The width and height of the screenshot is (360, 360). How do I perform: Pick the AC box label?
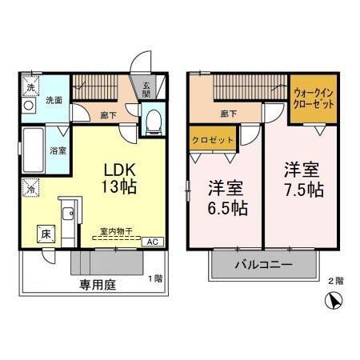152,240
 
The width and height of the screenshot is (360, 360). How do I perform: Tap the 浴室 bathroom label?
58,150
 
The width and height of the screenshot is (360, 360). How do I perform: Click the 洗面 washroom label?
54,102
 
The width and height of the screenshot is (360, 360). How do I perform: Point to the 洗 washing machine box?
30,86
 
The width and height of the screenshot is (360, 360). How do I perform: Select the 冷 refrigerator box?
30,189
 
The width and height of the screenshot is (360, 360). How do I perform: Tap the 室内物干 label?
117,232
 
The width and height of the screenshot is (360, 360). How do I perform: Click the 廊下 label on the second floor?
227,114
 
